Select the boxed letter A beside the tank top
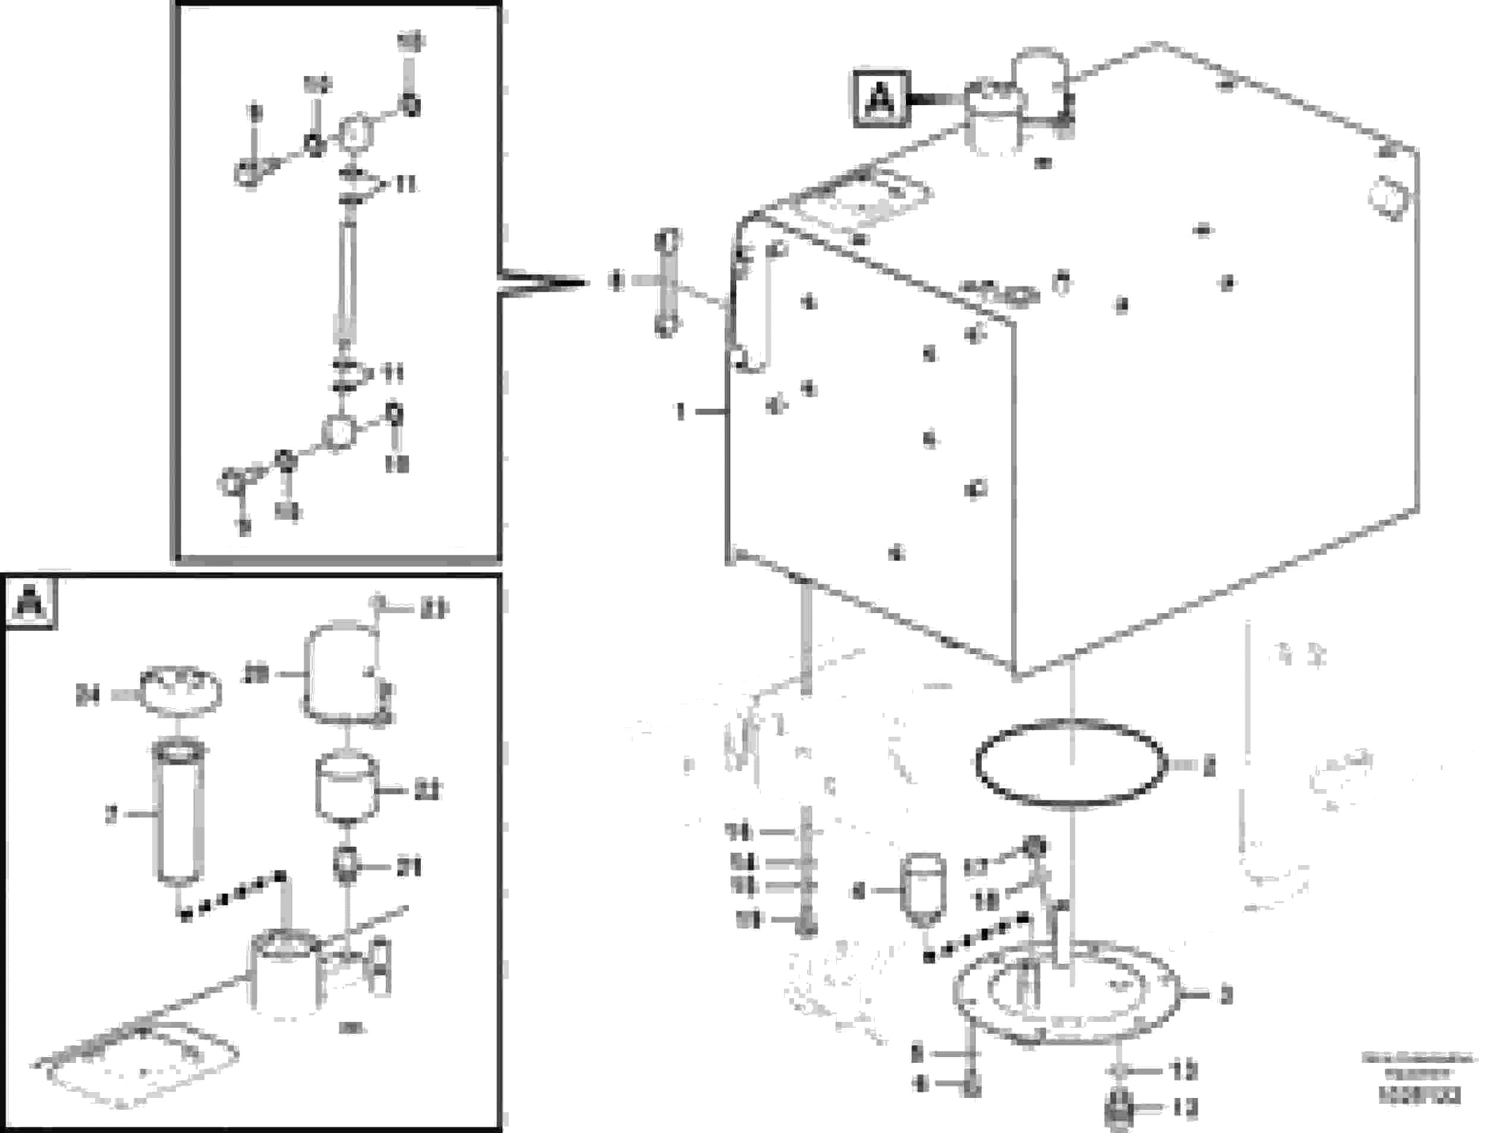tap(881, 99)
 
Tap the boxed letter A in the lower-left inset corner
tap(30, 602)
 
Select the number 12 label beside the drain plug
tap(1185, 1107)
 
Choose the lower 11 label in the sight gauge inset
tap(392, 373)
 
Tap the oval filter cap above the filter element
tap(181, 690)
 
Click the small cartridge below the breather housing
tap(347, 788)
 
